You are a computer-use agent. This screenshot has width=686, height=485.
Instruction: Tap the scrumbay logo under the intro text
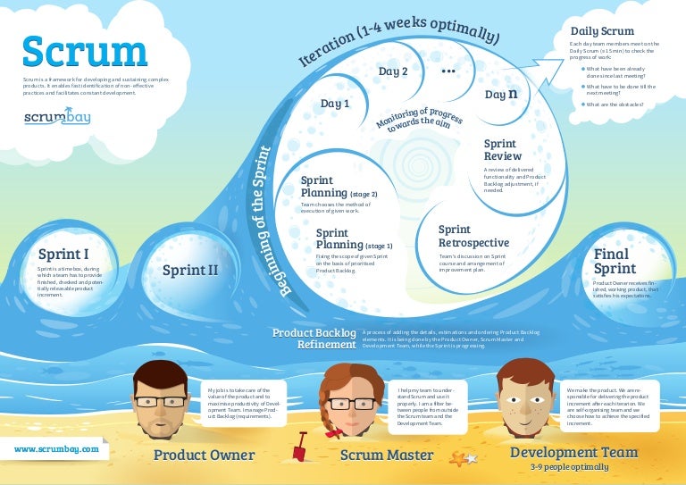coord(58,118)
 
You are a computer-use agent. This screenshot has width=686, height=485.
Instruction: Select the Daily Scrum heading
coord(603,31)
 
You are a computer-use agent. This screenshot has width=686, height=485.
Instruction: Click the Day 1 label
coord(335,104)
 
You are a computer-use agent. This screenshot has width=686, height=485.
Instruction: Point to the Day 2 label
coord(393,71)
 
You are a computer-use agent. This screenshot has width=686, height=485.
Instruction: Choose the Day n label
coord(501,93)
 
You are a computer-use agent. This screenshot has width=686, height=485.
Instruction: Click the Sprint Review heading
coord(501,150)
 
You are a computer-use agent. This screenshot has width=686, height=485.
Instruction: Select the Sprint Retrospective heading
coord(473,236)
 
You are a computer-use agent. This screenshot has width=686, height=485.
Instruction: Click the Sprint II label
coord(189,269)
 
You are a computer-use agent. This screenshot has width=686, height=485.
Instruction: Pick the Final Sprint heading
coord(615,261)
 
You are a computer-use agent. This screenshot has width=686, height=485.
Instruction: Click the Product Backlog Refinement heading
coord(314,339)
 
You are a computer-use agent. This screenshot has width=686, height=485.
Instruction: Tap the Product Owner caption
coord(204,456)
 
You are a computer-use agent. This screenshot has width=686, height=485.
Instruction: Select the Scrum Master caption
coord(387,456)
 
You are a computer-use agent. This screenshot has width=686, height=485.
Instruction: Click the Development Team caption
coord(573,453)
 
